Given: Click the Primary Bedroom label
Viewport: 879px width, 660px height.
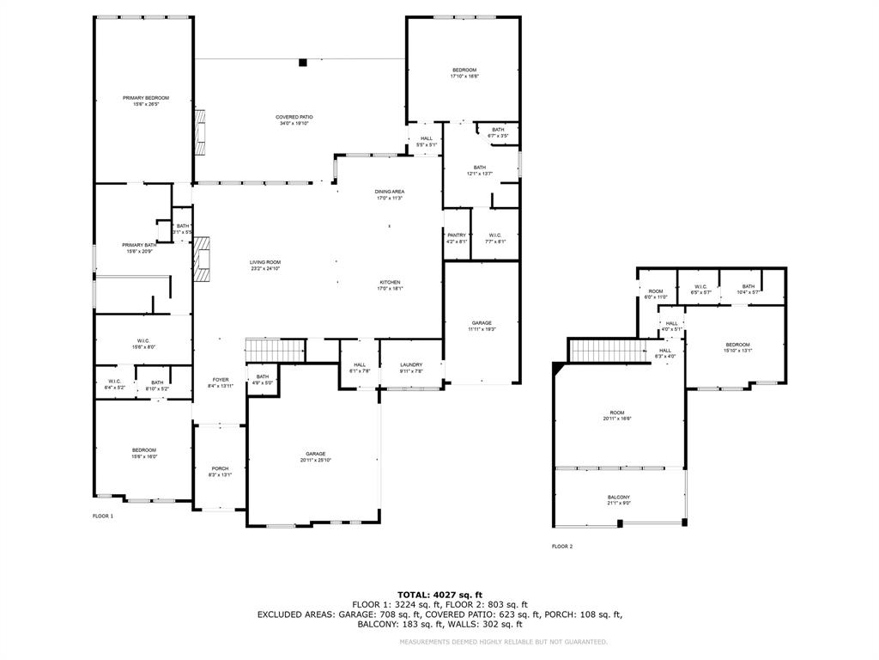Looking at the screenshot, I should point(145,98).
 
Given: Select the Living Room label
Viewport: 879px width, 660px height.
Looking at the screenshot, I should point(265,262).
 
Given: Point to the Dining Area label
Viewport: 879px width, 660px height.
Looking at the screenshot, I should point(389,192).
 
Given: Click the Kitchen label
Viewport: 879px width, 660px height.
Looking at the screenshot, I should point(391,282).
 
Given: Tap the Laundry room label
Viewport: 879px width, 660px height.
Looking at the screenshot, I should point(411,364).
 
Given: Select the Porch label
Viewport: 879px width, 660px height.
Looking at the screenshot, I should point(221,468).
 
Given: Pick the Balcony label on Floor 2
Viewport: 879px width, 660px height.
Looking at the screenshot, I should point(619,498).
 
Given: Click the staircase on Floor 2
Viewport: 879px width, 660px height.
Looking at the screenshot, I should point(609,351).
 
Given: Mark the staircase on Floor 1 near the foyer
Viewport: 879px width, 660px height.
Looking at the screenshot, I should point(276,351).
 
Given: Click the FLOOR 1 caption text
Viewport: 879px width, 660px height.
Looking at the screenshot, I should point(103,516).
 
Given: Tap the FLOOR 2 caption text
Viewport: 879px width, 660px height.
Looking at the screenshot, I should point(562,547).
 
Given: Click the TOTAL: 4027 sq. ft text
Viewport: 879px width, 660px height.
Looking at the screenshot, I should point(439,595).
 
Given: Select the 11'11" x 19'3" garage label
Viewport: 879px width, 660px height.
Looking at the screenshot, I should point(482,329).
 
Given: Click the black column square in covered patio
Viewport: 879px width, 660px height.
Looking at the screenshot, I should point(302,62).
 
